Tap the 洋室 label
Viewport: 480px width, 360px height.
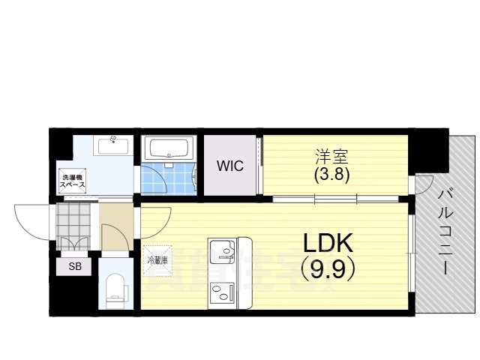(x=324, y=157)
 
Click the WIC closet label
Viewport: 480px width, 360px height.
(x=230, y=166)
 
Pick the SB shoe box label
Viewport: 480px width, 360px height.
(x=75, y=266)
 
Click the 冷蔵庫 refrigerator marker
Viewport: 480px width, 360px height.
(x=158, y=260)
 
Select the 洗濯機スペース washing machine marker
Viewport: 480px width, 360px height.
(x=72, y=181)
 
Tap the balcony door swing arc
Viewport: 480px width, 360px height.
(x=423, y=184)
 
